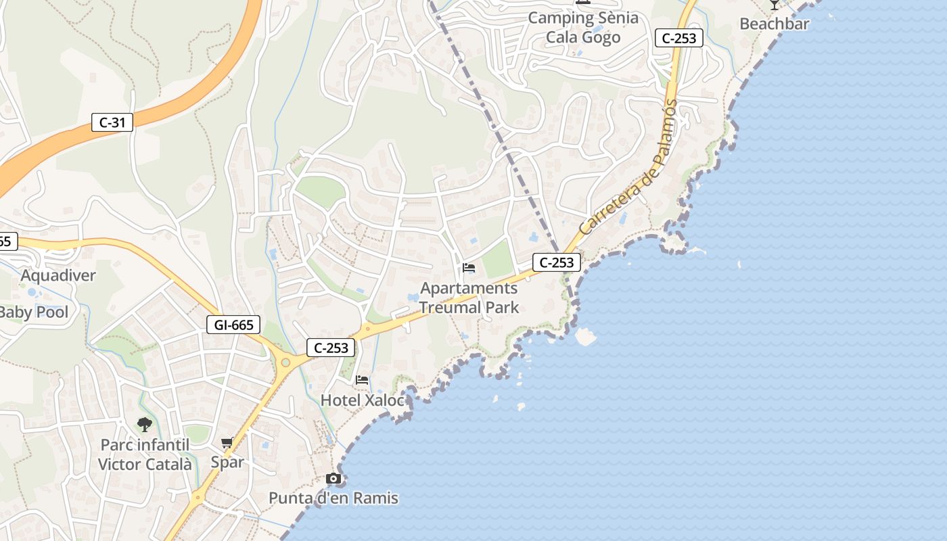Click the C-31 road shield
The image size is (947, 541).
pos(112,122)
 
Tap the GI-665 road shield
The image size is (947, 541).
pos(233,325)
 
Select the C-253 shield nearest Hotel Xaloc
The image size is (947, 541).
pos(331,348)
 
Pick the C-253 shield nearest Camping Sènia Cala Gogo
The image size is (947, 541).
pos(678,38)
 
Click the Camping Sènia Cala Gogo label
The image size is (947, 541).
pos(582,27)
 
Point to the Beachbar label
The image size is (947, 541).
pos(774,24)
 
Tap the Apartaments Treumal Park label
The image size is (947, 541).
pos(469,298)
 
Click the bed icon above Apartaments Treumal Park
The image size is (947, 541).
pos(468,268)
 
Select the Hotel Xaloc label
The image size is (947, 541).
pos(362,400)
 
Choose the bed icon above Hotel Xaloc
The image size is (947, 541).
pos(362,380)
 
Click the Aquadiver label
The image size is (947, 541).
pos(58,275)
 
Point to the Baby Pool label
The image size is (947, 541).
pos(34,312)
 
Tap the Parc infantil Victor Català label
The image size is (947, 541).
pos(145,454)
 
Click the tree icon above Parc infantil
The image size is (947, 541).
pos(144,425)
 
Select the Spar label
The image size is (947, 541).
pos(227,462)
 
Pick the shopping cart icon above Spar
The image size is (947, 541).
pos(227,443)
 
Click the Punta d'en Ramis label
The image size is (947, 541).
pos(333,498)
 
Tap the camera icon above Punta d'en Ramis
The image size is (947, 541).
pos(333,479)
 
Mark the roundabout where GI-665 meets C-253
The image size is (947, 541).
pos(285,362)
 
